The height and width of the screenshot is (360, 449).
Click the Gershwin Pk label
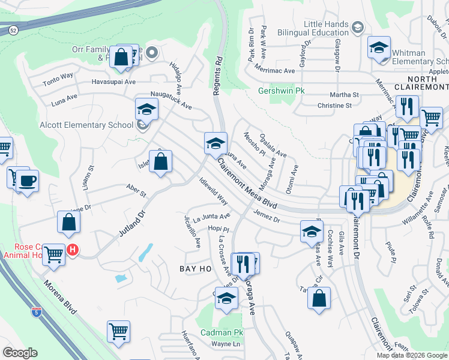click(x=282, y=91)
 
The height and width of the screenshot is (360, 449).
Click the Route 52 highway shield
click(x=13, y=29)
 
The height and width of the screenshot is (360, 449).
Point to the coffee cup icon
click(x=27, y=181)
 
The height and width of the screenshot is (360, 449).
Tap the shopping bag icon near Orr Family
click(x=121, y=58)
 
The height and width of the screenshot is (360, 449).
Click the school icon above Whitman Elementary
click(x=379, y=48)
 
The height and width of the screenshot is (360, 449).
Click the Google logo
click(x=20, y=353)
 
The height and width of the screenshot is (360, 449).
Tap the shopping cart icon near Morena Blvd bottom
click(x=119, y=331)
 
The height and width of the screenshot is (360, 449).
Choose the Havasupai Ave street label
click(x=113, y=81)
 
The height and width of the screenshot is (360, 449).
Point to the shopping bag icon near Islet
click(x=161, y=161)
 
